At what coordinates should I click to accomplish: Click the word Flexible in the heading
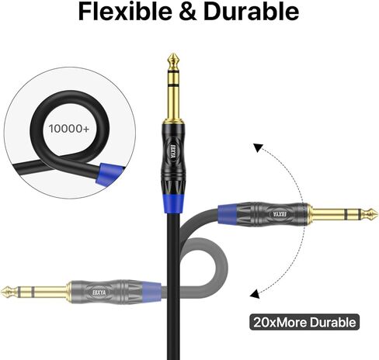point(125,12)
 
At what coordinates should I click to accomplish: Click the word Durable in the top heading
point(251,12)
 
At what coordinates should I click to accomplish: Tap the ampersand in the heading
point(188,12)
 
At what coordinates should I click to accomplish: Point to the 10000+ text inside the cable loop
point(69,129)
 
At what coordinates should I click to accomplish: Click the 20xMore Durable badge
point(304,322)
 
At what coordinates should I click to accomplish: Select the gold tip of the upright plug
point(174,60)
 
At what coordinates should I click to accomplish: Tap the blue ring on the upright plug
point(174,203)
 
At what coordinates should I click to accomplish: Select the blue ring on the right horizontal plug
point(228,214)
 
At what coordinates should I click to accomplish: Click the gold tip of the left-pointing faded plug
point(9,292)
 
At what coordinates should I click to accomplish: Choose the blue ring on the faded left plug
point(151,292)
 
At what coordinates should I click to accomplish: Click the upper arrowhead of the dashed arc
point(258,147)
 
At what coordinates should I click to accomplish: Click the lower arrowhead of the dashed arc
point(255,294)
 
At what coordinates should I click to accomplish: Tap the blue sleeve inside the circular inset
point(110,175)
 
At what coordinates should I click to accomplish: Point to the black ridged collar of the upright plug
point(174,185)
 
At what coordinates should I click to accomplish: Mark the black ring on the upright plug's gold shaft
point(174,85)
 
